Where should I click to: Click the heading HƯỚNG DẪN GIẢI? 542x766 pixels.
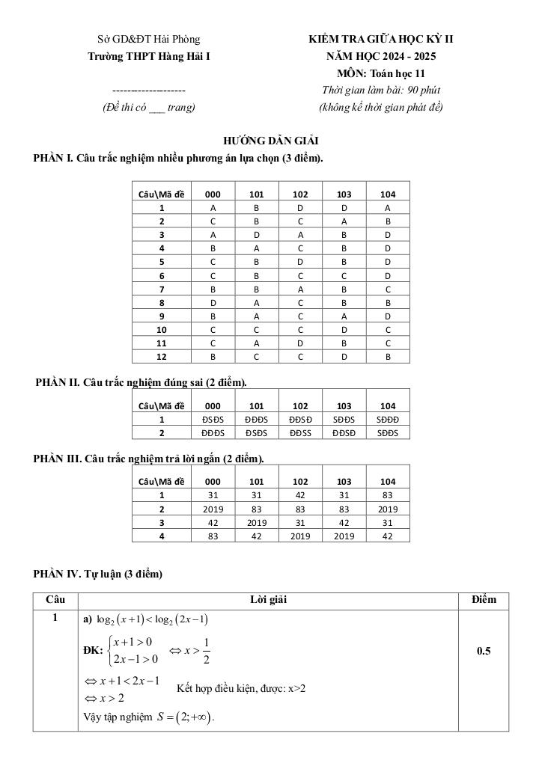tap(271, 141)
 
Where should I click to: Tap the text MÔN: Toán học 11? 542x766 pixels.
tap(381, 73)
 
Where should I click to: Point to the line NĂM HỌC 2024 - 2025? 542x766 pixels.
tap(381, 56)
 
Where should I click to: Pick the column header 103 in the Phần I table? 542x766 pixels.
tap(344, 194)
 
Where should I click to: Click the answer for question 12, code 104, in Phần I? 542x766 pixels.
tap(388, 356)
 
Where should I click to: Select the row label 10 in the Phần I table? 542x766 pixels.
tap(161, 329)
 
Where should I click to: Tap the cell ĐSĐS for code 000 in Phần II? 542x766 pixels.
tap(213, 420)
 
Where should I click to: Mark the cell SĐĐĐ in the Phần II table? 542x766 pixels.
tap(388, 420)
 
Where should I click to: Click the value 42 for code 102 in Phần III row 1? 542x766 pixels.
tap(300, 495)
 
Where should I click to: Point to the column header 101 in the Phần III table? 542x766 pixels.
tap(257, 482)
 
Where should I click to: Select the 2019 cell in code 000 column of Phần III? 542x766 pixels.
tap(213, 509)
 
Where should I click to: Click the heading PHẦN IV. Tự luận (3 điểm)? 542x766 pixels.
tap(97, 574)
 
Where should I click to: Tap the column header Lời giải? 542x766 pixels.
tap(268, 600)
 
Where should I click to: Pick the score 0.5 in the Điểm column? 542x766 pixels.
tap(484, 651)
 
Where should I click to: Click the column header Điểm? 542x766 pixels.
tap(484, 600)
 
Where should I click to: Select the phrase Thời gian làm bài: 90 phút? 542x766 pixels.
tap(381, 91)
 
